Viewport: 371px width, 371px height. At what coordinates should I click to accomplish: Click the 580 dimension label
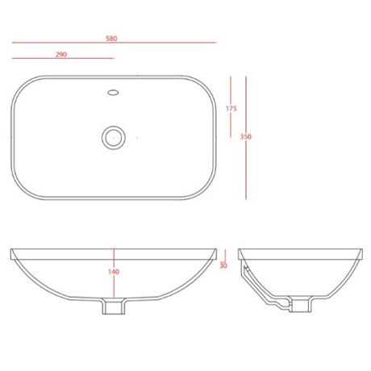click(x=111, y=39)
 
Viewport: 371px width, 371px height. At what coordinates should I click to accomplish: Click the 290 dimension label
click(x=61, y=55)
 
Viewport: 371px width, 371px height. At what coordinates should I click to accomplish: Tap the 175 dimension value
click(x=231, y=109)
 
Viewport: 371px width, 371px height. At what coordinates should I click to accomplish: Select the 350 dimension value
click(x=246, y=136)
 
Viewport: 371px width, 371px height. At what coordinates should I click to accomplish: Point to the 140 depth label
click(x=114, y=272)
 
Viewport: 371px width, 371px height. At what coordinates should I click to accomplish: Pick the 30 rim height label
click(x=223, y=265)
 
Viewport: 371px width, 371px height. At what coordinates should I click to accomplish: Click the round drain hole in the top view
click(x=114, y=137)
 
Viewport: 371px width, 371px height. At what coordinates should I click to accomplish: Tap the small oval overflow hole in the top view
click(x=113, y=93)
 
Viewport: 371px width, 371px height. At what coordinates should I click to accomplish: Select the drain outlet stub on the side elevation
click(x=300, y=304)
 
